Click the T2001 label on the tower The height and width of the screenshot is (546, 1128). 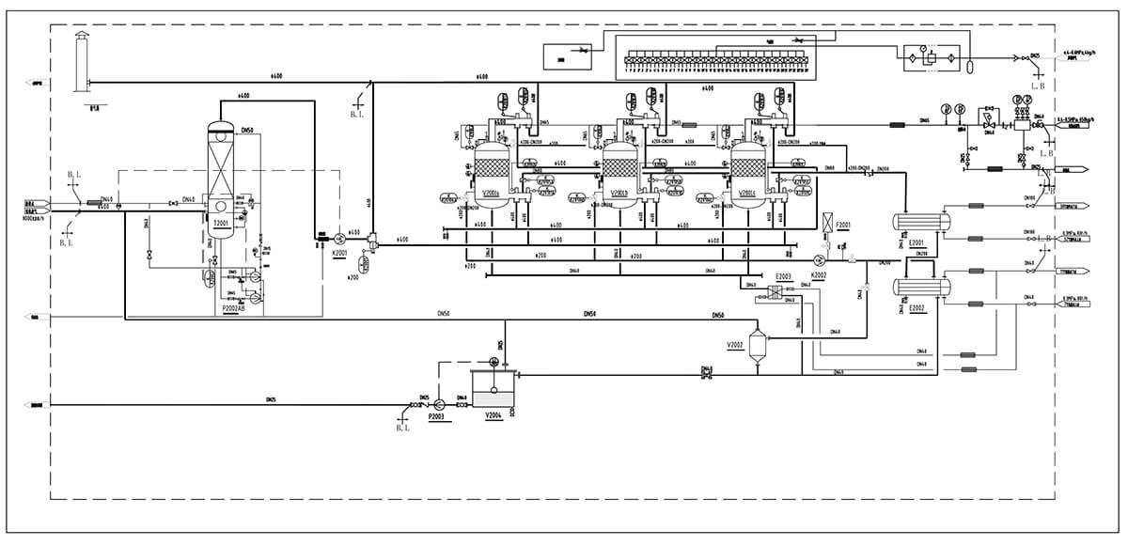coord(221,223)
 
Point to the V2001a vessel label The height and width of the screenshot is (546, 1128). coord(491,194)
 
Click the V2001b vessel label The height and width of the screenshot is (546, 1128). coord(619,194)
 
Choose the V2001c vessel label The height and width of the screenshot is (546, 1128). coord(748,194)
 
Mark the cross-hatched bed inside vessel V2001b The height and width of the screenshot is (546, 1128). coord(619,169)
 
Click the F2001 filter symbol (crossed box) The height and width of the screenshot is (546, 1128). coord(828,224)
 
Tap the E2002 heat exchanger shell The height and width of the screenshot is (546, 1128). coord(921,286)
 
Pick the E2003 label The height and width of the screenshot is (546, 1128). coord(782,276)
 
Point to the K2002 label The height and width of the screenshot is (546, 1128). coord(818,275)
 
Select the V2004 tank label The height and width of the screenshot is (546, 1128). coord(494,414)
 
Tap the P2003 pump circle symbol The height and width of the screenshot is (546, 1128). coord(440,404)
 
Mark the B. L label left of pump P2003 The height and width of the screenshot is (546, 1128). coord(404,428)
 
